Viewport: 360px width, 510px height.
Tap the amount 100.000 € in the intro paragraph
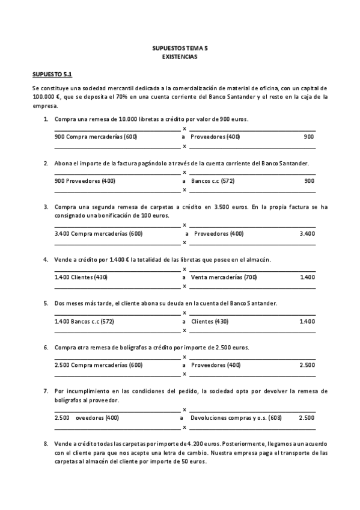pos(47,96)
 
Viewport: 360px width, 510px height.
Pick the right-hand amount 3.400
pos(307,233)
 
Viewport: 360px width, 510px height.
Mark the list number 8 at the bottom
pos(46,444)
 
